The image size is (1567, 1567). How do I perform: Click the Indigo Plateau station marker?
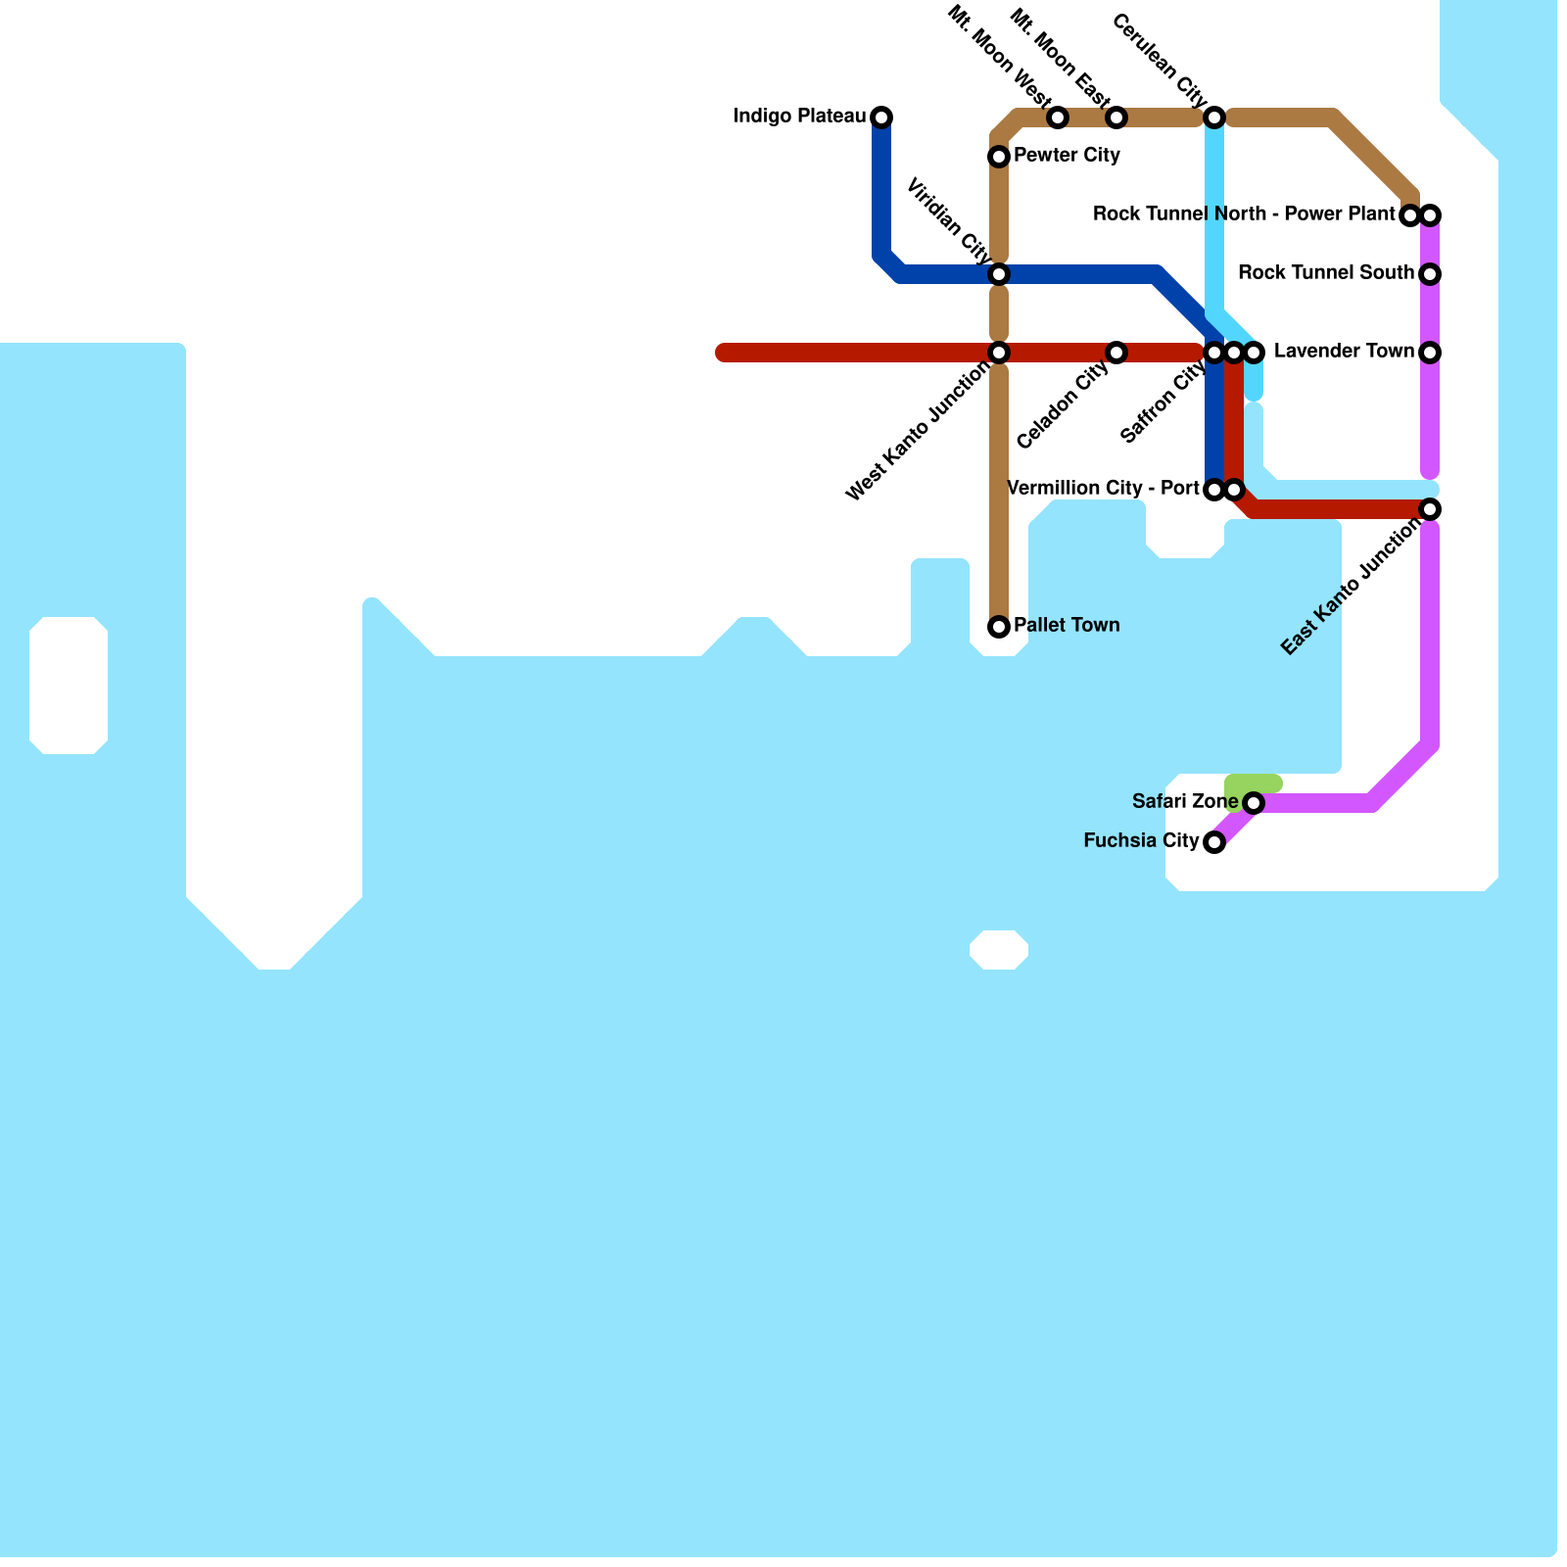point(881,118)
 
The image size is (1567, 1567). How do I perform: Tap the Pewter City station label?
point(1067,156)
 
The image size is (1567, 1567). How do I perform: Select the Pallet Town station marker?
point(999,627)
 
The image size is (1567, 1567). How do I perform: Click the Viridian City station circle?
point(999,274)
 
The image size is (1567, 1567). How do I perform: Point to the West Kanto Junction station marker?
point(999,353)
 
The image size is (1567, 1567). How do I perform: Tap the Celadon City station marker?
point(1116,353)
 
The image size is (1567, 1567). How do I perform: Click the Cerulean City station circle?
point(1214,118)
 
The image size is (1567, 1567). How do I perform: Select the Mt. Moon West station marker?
point(1058,118)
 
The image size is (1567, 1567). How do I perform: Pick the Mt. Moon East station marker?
point(1116,118)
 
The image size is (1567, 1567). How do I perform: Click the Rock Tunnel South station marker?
point(1430,274)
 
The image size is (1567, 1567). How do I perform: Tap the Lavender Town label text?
point(1344,352)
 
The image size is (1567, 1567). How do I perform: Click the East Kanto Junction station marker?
point(1430,509)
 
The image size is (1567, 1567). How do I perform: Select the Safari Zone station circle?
point(1254,803)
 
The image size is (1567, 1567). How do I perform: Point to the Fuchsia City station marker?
point(1214,842)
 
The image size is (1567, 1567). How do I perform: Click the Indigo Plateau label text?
point(799,118)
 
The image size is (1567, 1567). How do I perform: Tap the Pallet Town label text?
point(1067,626)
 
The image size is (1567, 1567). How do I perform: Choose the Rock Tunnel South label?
point(1325,273)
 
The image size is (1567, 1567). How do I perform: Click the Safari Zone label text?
point(1185,802)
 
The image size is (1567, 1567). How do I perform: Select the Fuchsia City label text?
point(1141,841)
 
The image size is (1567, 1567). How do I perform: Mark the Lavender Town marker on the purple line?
point(1430,353)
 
